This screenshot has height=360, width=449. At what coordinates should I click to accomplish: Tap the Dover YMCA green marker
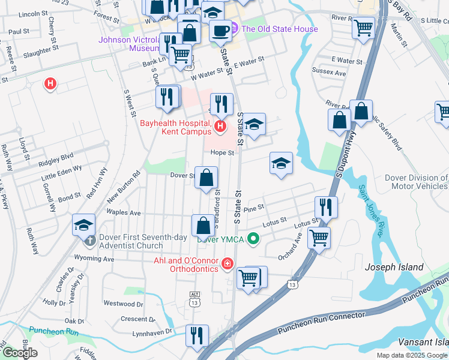[x=254, y=239]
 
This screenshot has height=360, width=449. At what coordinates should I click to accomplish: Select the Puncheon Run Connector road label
[x=321, y=323]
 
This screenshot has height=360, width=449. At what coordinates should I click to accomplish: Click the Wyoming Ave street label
[x=94, y=259]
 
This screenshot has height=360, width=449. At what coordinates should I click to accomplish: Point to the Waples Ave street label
[x=123, y=212]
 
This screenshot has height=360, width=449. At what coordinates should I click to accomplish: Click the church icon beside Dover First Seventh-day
[x=89, y=241]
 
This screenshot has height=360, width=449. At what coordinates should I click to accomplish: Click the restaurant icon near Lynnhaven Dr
[x=196, y=335]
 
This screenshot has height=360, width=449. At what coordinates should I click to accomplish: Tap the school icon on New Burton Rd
[x=83, y=225]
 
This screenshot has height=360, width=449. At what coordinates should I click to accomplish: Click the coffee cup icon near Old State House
[x=220, y=29]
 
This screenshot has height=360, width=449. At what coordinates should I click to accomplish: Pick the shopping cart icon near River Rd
[x=363, y=27]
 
